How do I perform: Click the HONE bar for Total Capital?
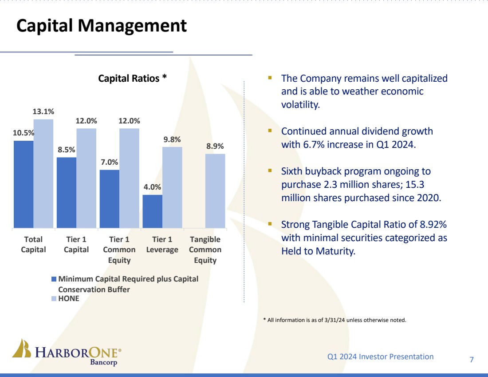[x=43, y=173]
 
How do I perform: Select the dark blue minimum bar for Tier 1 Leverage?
[x=152, y=211]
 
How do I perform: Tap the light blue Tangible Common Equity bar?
[x=215, y=191]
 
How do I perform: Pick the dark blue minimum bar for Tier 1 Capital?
[x=67, y=192]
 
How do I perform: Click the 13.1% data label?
[x=43, y=111]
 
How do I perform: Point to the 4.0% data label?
[x=152, y=187]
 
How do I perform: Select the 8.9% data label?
[x=215, y=146]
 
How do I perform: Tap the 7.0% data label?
[x=109, y=162]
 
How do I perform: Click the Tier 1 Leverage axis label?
[x=162, y=245]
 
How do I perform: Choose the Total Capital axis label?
[x=33, y=245]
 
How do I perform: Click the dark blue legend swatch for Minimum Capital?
[x=54, y=279]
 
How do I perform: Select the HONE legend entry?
[x=68, y=298]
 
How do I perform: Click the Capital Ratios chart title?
[x=132, y=78]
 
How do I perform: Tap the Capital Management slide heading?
[x=102, y=26]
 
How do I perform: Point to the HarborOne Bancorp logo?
[x=67, y=353]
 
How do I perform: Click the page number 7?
[x=472, y=359]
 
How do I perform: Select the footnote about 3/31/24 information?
[x=335, y=320]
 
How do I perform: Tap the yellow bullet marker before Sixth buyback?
[x=270, y=171]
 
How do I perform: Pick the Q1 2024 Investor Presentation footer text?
[x=380, y=357]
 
